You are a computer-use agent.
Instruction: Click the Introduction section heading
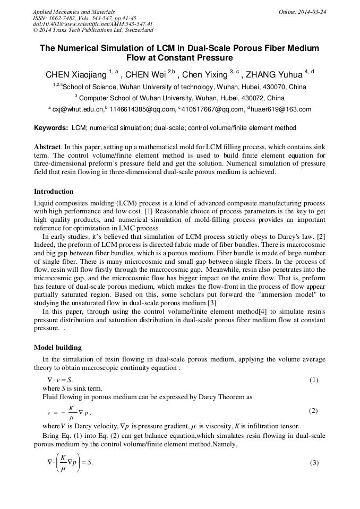click(54, 191)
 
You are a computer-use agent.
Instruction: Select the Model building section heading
click(58, 348)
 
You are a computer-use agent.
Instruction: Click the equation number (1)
click(314, 380)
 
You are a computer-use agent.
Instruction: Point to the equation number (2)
click(314, 411)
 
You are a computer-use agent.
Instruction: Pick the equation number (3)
click(314, 462)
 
